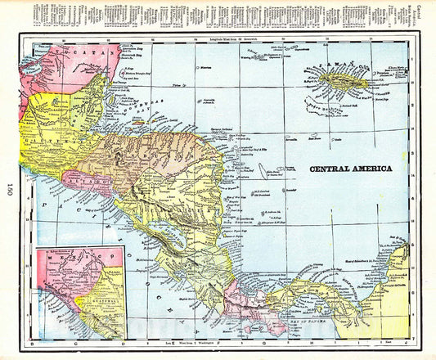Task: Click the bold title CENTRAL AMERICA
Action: (x=350, y=168)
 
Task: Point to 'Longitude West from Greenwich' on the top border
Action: (x=221, y=38)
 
